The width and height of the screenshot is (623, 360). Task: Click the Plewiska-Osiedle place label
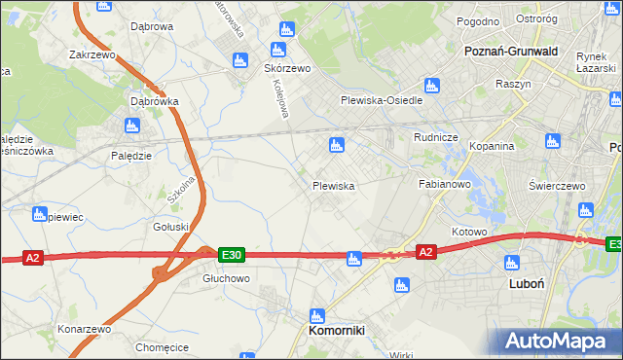click(x=381, y=100)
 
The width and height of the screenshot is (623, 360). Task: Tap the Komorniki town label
click(x=336, y=331)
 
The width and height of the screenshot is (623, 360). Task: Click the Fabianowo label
click(x=445, y=183)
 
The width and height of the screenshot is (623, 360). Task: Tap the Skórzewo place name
click(x=287, y=69)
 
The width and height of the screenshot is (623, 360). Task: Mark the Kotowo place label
click(x=469, y=233)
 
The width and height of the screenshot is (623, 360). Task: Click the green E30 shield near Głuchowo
click(x=231, y=254)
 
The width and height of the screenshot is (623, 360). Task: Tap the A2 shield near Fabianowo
click(x=425, y=252)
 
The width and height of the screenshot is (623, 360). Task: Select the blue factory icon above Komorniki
click(x=315, y=314)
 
